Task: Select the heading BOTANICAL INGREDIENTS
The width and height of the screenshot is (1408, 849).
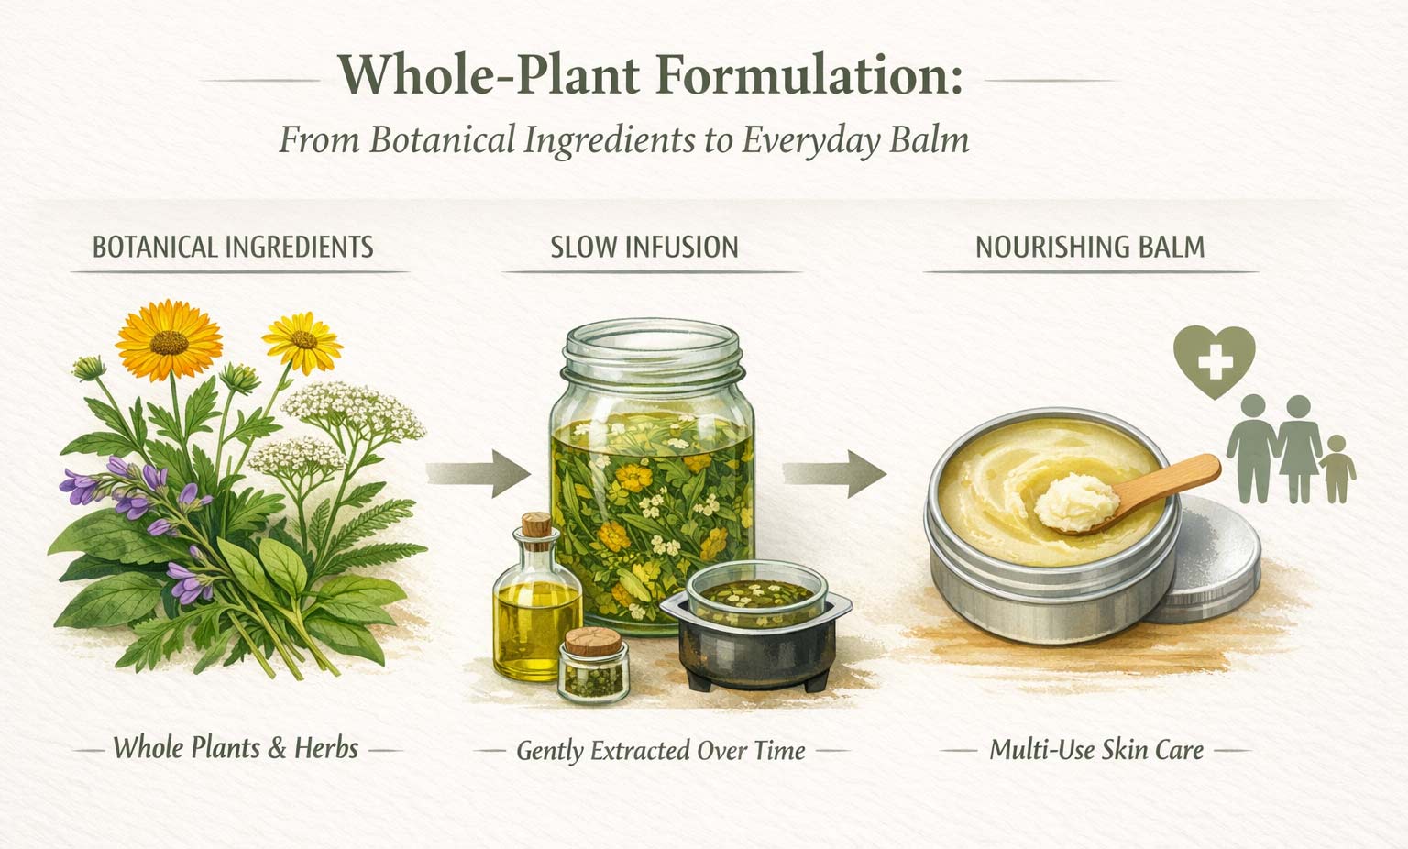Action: tap(233, 248)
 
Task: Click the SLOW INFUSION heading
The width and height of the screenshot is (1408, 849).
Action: tap(644, 248)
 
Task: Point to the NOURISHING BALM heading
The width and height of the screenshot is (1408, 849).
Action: tap(1090, 248)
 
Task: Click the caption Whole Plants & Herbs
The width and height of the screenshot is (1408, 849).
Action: tap(236, 748)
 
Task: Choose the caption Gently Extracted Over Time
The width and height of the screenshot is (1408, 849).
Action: tap(661, 751)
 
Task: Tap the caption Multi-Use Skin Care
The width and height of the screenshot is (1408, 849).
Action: tap(1096, 750)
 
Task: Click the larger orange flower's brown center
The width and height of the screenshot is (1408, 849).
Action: tap(169, 342)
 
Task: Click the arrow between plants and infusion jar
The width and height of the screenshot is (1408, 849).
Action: tap(478, 474)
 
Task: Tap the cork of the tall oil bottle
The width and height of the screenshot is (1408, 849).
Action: tap(537, 530)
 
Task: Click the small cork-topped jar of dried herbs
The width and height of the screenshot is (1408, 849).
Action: tap(593, 664)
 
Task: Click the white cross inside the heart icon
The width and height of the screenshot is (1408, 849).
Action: tap(1215, 361)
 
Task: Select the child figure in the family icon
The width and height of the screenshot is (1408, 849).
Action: tap(1337, 469)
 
